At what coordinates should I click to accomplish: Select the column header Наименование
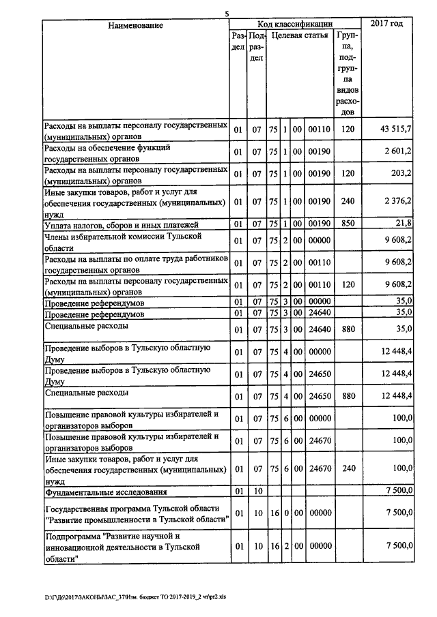coord(135,25)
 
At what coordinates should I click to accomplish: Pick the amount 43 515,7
coord(394,130)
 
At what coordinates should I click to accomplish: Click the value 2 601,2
coord(397,151)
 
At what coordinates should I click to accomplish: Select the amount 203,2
coord(399,173)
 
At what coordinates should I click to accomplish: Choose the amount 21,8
coord(404,223)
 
